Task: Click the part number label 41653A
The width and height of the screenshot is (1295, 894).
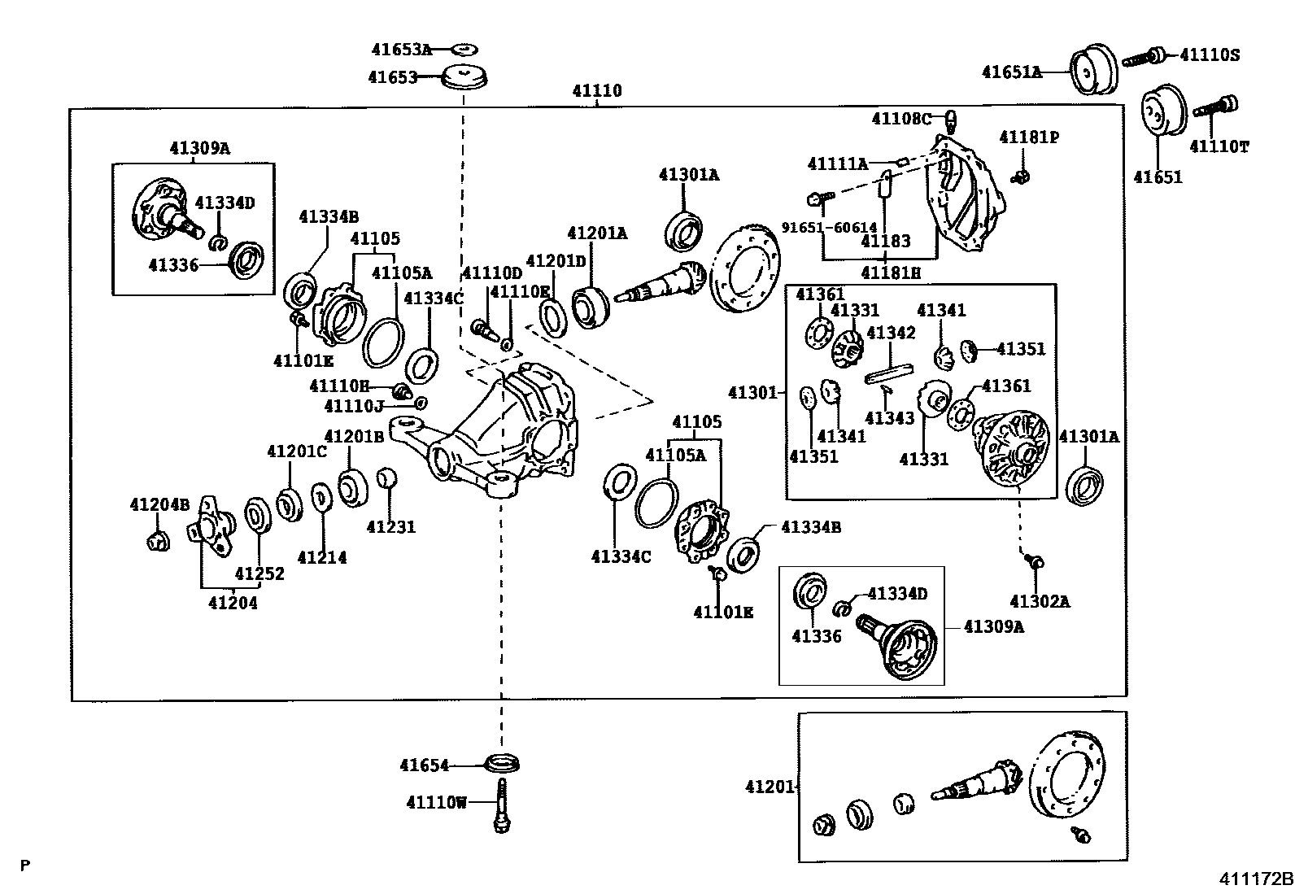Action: [402, 50]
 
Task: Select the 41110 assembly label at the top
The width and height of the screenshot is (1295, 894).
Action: [596, 91]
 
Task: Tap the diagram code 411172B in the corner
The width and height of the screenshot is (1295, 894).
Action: [1255, 879]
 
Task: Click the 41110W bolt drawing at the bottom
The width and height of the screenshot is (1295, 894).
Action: [501, 805]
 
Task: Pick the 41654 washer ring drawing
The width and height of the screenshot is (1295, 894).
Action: [502, 763]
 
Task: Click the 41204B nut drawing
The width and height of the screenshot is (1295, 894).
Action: [159, 540]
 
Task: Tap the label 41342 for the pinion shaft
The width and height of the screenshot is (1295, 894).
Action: [891, 333]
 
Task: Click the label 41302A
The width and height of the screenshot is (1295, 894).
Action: [1040, 601]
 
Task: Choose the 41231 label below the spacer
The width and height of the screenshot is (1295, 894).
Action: [390, 527]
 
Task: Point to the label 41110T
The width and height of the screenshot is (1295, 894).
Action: [1219, 146]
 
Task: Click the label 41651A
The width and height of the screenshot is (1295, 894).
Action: [1012, 72]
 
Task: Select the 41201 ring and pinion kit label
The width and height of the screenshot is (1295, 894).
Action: [769, 787]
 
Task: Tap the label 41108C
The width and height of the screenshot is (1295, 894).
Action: [900, 119]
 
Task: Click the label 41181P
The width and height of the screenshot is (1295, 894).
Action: [1029, 137]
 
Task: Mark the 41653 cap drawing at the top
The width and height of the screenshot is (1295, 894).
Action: [464, 77]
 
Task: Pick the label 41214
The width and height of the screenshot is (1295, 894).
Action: [322, 557]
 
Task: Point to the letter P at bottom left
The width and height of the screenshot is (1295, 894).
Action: [25, 866]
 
